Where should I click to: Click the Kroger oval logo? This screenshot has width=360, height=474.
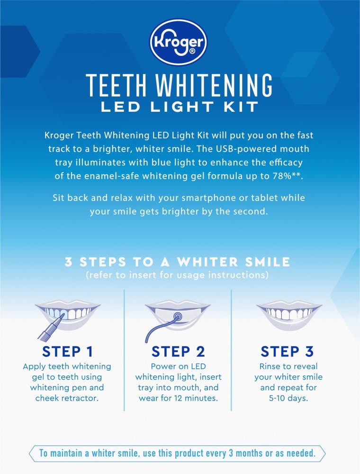pos(179,43)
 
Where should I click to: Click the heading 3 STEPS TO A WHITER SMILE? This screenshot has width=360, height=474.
pos(178,262)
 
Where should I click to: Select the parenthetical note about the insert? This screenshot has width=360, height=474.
pos(178,275)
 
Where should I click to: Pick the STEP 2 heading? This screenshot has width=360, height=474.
pos(178,351)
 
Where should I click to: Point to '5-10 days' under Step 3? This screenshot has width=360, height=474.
pos(288,398)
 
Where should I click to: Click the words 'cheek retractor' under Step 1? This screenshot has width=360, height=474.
pos(67,398)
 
